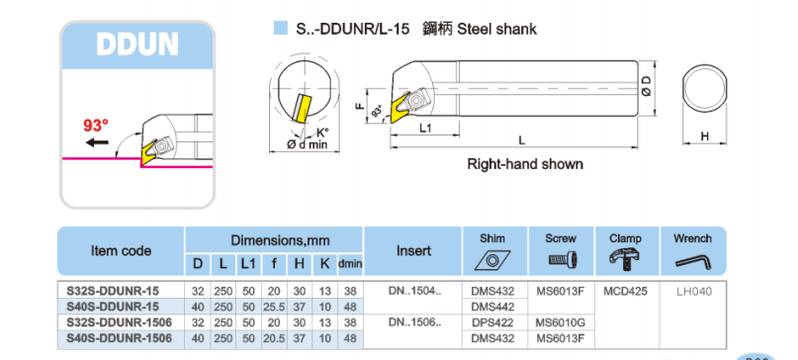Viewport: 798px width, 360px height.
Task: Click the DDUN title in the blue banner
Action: [137, 45]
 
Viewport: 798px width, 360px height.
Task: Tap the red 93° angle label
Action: [96, 126]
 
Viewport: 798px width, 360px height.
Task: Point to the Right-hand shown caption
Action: [525, 164]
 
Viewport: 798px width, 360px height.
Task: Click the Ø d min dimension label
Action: [308, 145]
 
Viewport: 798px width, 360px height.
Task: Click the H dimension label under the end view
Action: [705, 136]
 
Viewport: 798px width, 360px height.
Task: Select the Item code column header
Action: [121, 250]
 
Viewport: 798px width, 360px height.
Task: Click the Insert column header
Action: [413, 250]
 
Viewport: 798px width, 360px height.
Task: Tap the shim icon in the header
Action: [491, 259]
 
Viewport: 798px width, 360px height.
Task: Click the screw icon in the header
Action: [561, 259]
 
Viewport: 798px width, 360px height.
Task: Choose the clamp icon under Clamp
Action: [625, 259]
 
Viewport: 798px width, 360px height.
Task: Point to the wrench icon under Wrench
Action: [691, 259]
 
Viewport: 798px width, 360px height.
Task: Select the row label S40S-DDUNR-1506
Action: [112, 338]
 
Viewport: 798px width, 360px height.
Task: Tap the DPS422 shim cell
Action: [491, 322]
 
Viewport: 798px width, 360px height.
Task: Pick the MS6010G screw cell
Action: [561, 322]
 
